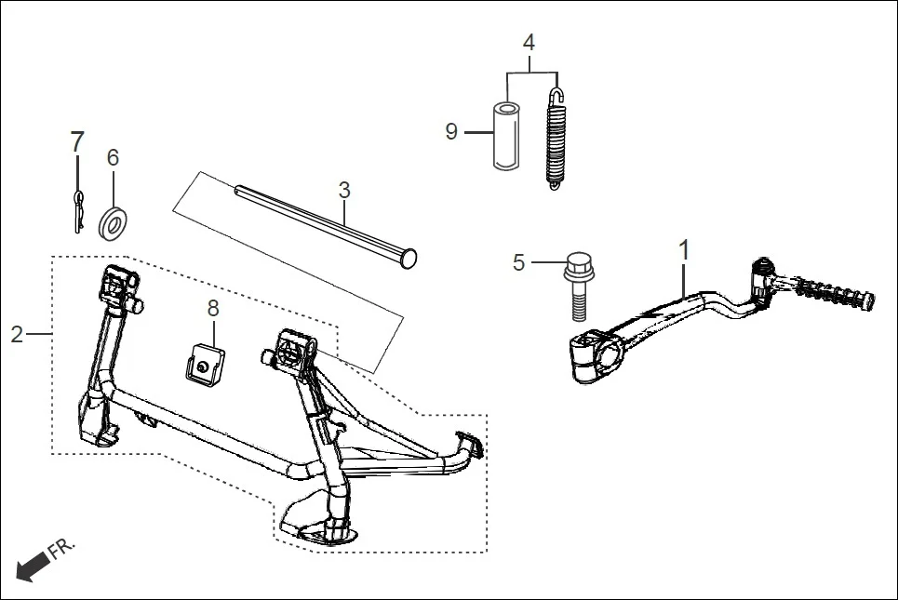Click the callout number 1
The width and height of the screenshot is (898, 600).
point(685,249)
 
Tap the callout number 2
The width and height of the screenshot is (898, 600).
point(17,334)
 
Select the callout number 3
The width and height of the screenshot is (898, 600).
point(344,191)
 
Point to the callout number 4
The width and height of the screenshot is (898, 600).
point(529,43)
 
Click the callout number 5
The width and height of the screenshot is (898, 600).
point(519,263)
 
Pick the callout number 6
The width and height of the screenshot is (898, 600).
point(113,158)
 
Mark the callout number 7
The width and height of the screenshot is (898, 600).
point(77,142)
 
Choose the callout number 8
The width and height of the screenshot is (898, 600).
point(213,308)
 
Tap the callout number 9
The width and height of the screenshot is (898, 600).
point(451,132)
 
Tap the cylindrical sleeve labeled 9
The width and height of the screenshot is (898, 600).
point(505,136)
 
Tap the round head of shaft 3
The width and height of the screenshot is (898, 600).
point(408,260)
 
